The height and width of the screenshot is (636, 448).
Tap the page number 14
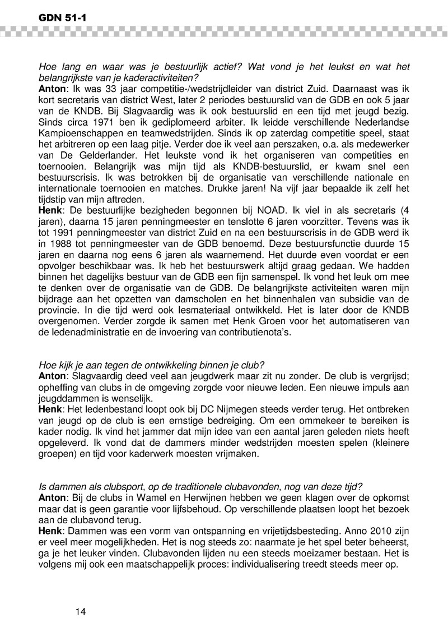tap(80, 611)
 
